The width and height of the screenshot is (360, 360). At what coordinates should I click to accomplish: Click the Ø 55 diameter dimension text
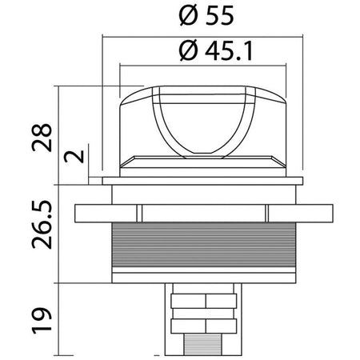click(x=206, y=16)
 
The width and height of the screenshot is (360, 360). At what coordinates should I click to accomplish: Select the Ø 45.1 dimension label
click(x=215, y=50)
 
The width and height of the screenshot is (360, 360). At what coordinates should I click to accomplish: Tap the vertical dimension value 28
click(x=42, y=138)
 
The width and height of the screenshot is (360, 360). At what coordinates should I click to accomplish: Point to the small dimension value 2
click(x=74, y=157)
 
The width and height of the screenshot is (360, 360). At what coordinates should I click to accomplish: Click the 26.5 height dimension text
click(x=42, y=224)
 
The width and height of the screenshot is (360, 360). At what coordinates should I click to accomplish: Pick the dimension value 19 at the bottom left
click(x=42, y=320)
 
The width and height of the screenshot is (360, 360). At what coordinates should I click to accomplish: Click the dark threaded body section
click(x=204, y=245)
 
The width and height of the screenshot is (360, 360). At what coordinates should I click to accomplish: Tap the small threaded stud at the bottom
click(x=202, y=344)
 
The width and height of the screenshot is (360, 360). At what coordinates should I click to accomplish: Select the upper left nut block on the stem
click(x=188, y=301)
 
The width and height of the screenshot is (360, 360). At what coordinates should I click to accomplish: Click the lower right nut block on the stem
click(x=221, y=326)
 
